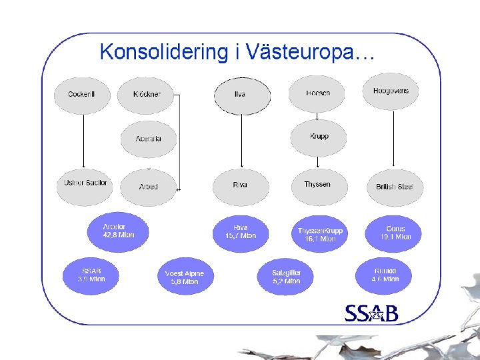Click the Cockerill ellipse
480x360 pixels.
pyautogui.click(x=81, y=95)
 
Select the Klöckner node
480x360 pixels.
pyautogui.click(x=145, y=95)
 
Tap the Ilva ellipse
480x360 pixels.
pyautogui.click(x=241, y=95)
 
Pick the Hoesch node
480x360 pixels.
pyautogui.click(x=317, y=93)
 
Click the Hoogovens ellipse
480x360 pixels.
pyautogui.click(x=391, y=91)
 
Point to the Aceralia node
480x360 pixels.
pyautogui.click(x=149, y=139)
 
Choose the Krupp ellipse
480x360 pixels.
pyautogui.click(x=319, y=137)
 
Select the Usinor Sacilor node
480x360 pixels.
pyautogui.click(x=85, y=183)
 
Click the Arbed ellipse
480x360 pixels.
pyautogui.click(x=149, y=187)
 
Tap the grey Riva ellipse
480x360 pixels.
pyautogui.click(x=241, y=185)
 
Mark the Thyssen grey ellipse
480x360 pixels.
pyautogui.click(x=318, y=185)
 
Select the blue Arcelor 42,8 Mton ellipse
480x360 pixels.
pyautogui.click(x=118, y=231)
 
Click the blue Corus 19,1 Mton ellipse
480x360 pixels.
pyautogui.click(x=395, y=233)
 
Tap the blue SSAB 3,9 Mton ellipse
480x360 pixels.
pyautogui.click(x=91, y=275)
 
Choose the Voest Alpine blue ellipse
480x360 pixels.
pyautogui.click(x=184, y=277)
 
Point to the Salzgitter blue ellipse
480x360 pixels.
pyautogui.click(x=286, y=277)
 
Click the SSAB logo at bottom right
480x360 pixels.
pyautogui.click(x=371, y=313)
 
